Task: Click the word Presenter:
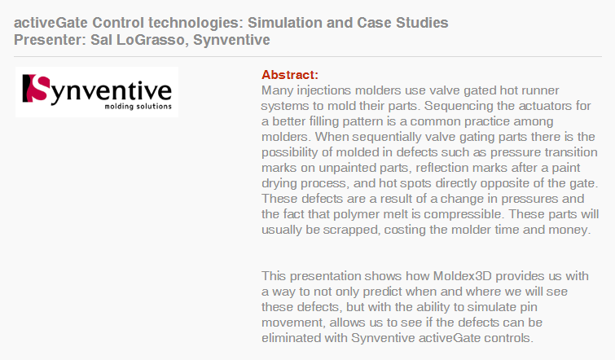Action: (x=51, y=40)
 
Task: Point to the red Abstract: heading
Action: (x=290, y=74)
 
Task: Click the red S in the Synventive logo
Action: (x=37, y=88)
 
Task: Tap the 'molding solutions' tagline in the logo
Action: (x=138, y=106)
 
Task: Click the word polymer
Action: (x=356, y=214)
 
